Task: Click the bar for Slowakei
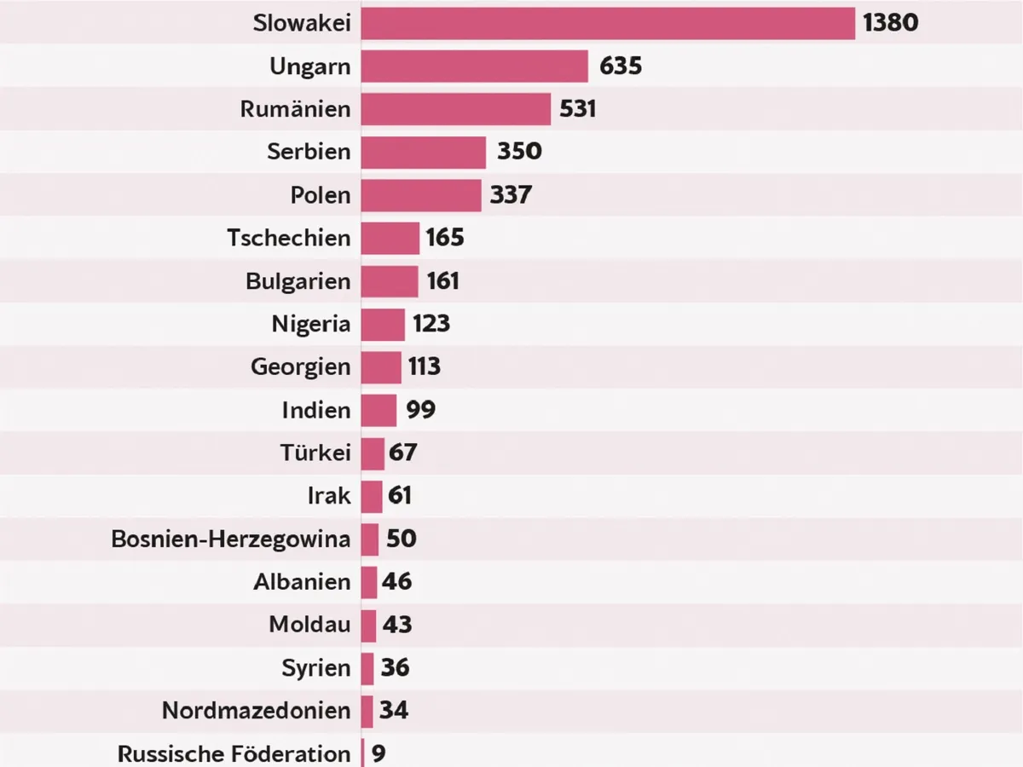pos(607,23)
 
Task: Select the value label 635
pos(620,66)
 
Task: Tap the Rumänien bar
pos(455,109)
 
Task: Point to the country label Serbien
pos(309,152)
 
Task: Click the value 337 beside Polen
pos(511,195)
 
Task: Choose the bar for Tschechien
pos(390,238)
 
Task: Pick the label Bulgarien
pos(298,281)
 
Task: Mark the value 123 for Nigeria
pos(431,324)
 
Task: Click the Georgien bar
pos(380,367)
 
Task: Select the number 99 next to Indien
pos(420,410)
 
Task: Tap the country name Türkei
pos(315,453)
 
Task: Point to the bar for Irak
pos(372,496)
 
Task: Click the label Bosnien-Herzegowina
pos(231,539)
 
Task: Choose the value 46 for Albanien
pos(397,582)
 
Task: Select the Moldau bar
pos(368,625)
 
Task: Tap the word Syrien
pos(316,668)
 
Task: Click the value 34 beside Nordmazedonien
pos(394,711)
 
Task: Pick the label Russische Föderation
pos(234,754)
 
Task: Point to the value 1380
pos(890,23)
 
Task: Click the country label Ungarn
pos(310,66)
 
